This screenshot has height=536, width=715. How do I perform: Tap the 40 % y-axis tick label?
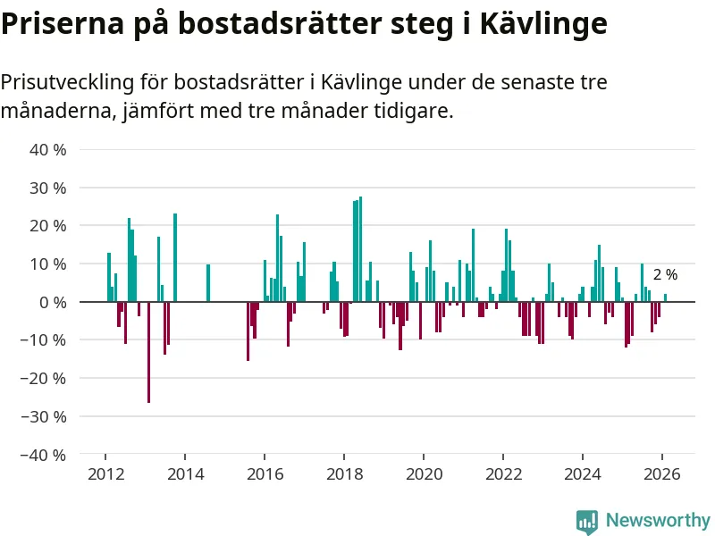pos(49,150)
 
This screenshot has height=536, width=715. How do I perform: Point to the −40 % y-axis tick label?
pos(46,454)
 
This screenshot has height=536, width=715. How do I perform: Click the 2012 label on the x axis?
pos(105,474)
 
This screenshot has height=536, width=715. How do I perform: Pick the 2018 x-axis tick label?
pos(344,474)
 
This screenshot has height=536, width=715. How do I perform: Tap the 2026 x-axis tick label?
pos(662,474)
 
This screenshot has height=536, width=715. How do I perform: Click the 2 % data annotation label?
pos(665,275)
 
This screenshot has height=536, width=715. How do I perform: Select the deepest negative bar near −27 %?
pos(148,352)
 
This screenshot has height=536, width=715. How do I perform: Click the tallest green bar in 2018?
pos(360,249)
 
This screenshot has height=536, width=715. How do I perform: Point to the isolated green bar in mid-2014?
pos(208,283)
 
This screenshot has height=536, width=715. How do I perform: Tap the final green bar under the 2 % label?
pos(665,297)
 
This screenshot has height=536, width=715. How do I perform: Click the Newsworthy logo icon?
pos(587,521)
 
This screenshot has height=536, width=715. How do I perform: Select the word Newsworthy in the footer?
pos(658,521)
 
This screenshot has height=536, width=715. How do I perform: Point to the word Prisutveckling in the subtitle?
pos(64,83)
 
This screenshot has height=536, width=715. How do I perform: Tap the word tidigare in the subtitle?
pos(414,113)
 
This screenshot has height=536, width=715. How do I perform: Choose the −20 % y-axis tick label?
pos(46,378)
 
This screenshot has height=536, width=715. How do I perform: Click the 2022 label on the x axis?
pos(503,474)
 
